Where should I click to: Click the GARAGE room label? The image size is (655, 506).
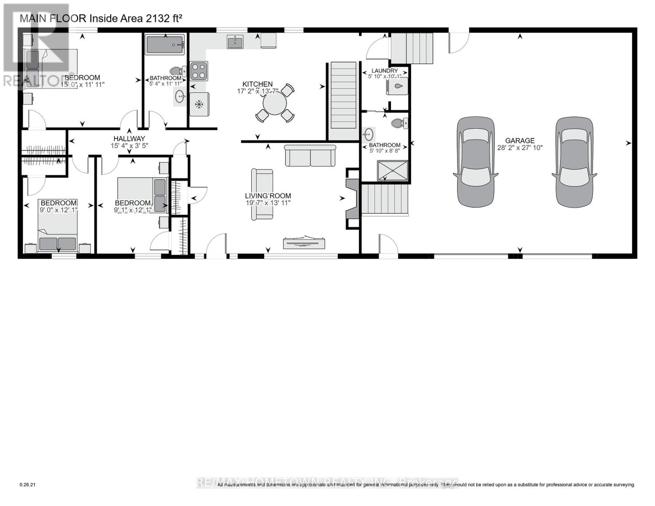click(520, 140)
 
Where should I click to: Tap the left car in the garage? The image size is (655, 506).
click(476, 161)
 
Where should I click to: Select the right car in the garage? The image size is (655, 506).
click(573, 161)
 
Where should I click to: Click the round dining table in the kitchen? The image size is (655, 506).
click(275, 104)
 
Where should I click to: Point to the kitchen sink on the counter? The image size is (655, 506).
click(235, 42)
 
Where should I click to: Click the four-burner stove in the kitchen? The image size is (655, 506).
click(199, 71)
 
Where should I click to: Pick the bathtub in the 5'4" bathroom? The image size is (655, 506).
click(164, 45)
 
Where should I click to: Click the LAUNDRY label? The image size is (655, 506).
click(385, 71)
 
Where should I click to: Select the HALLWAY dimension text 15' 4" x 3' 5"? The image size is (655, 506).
click(127, 145)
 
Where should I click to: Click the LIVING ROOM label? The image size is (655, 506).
click(268, 196)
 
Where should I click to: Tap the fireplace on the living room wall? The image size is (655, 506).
click(352, 198)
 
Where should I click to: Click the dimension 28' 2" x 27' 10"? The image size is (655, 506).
click(520, 148)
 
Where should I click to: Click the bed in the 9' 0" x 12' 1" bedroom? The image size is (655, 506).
click(58, 230)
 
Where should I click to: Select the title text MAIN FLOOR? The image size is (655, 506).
click(53, 18)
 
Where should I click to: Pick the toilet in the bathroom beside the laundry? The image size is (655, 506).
click(398, 123)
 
